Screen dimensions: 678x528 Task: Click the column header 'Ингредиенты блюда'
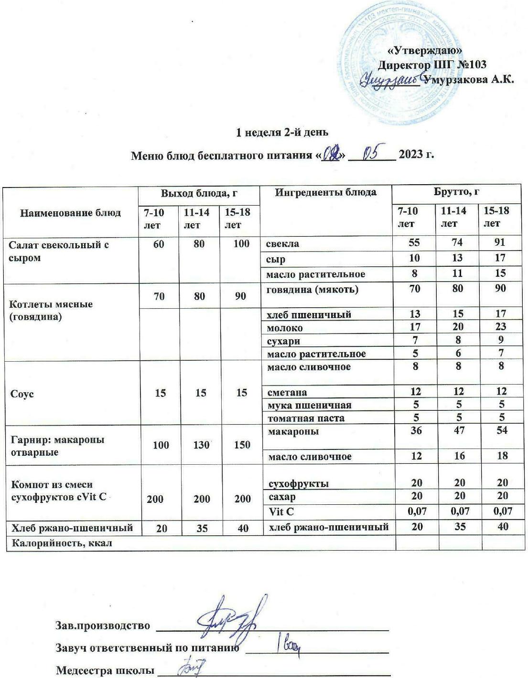pyautogui.click(x=325, y=192)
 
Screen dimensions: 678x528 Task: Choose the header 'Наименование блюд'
pyautogui.click(x=70, y=213)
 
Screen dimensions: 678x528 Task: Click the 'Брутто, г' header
pyautogui.click(x=456, y=192)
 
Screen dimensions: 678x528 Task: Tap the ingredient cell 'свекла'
pyautogui.click(x=283, y=243)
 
